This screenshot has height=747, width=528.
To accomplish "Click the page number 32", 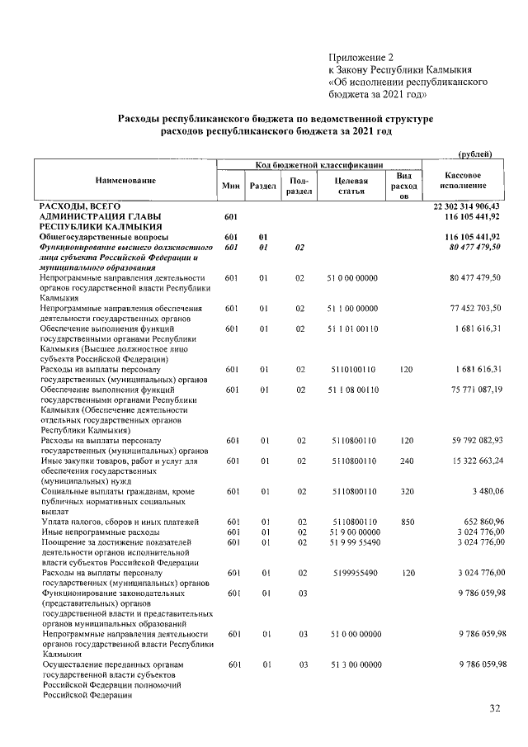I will point(495,707).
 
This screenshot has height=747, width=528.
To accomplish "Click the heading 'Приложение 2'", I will point(362,56).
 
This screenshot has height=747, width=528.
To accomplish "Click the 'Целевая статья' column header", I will point(350,186).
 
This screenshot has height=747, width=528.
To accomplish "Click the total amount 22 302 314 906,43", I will point(467,206).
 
